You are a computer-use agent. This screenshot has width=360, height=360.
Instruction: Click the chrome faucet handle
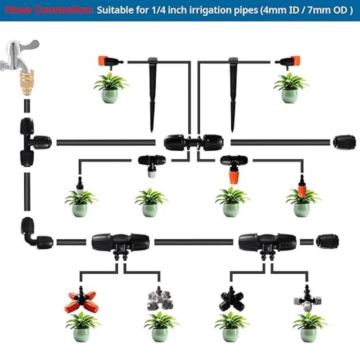(30, 47)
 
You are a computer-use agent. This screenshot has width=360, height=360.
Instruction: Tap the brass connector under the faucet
(26, 81)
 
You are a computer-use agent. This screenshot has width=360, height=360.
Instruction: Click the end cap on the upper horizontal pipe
(344, 142)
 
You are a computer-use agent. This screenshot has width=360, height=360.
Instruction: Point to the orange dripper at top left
(108, 62)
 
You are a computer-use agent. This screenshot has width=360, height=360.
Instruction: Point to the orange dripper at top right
(291, 62)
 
